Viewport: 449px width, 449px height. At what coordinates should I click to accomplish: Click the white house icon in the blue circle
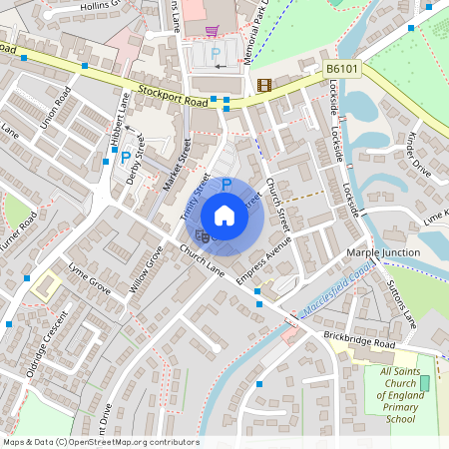tap(224, 215)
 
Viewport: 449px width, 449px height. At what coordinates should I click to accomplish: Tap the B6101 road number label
tap(342, 69)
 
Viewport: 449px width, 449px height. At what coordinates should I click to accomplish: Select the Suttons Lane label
tap(401, 305)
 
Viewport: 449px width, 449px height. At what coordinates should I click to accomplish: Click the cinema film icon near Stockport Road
tap(263, 86)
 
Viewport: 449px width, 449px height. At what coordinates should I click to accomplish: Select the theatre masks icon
tap(203, 236)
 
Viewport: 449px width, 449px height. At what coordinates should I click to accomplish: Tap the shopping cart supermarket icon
tap(212, 30)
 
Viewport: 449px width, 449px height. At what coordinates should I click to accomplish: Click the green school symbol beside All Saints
tap(424, 383)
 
